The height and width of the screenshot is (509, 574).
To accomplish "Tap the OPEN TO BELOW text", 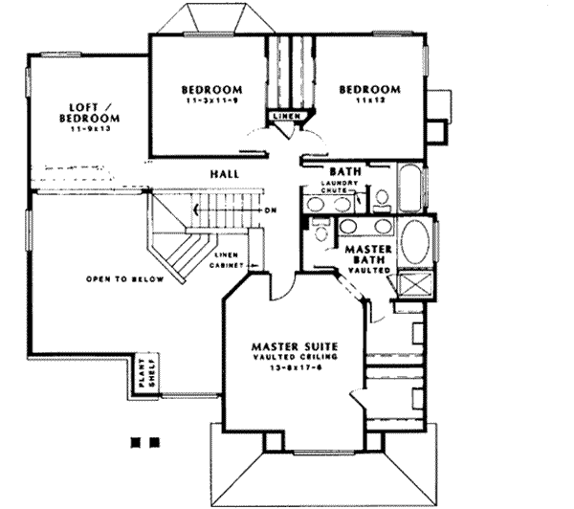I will (x=124, y=280).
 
